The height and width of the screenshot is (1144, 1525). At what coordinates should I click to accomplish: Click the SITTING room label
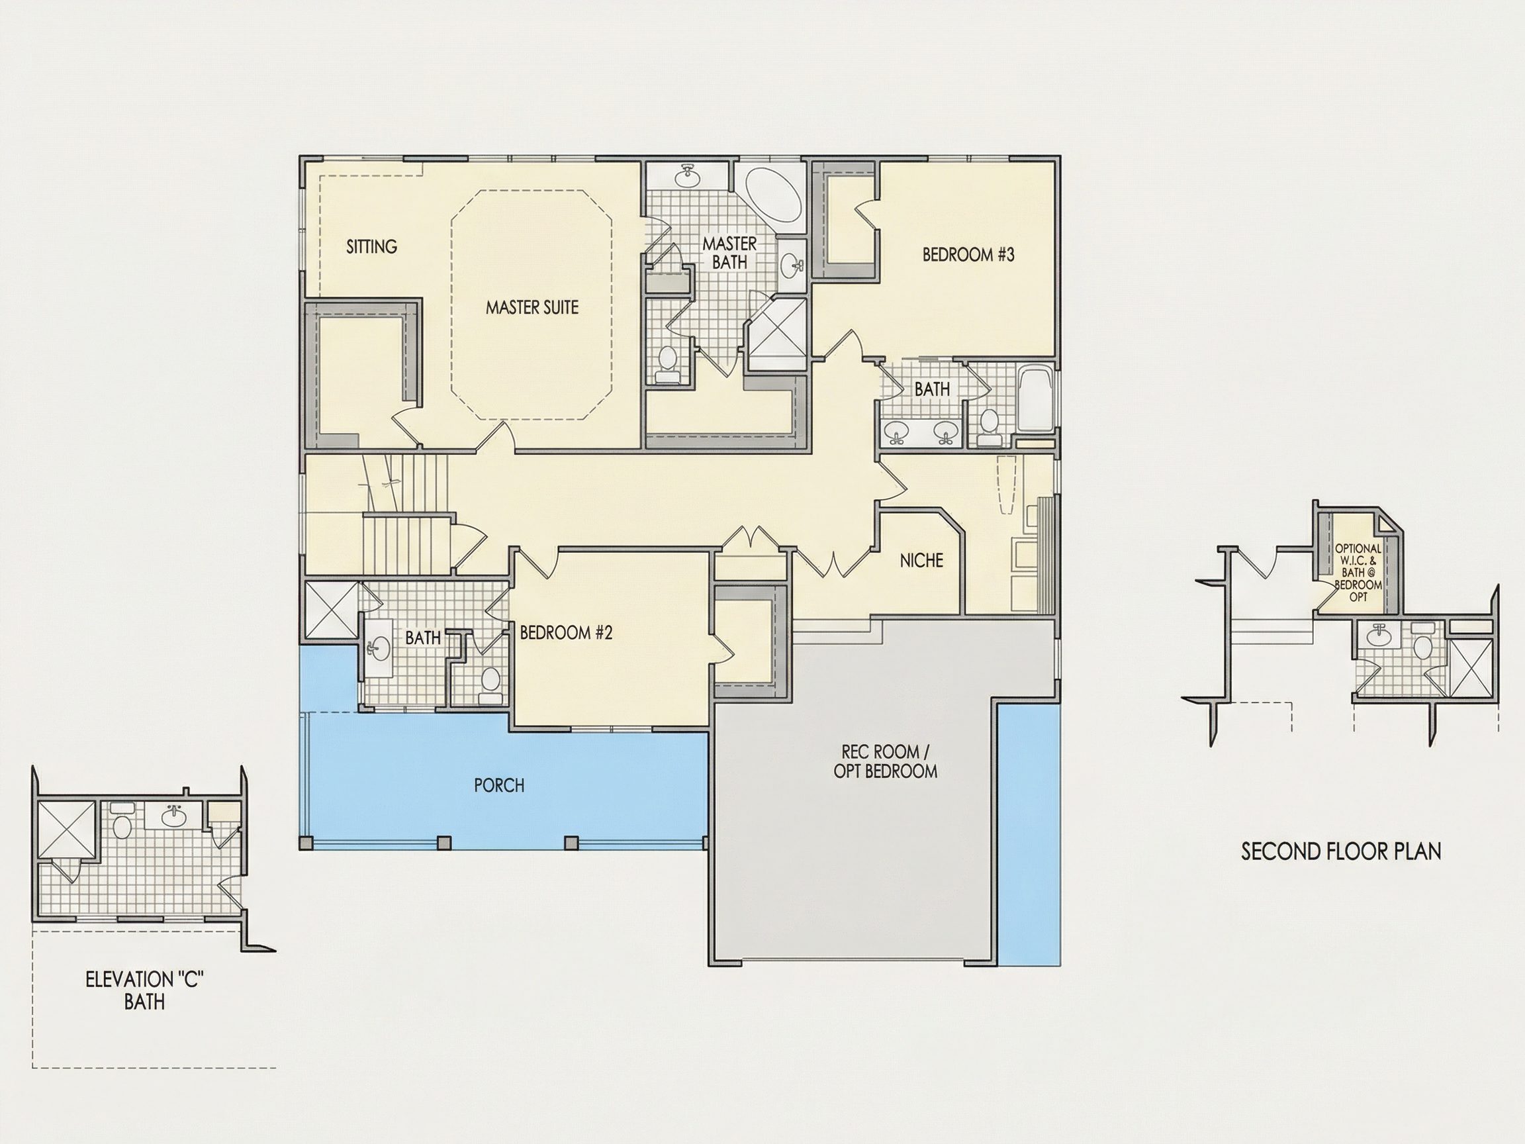371,246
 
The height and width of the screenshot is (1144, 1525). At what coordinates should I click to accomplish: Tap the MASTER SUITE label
532,308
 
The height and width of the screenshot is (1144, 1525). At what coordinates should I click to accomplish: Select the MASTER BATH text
729,252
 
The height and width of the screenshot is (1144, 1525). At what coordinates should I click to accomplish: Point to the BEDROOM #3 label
968,254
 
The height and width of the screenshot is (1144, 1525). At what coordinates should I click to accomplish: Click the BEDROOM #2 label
566,632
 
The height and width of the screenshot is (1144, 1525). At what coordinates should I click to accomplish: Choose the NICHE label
922,561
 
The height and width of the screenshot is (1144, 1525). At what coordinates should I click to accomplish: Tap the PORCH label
499,785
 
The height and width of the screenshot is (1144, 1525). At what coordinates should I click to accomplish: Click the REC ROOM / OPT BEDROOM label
885,761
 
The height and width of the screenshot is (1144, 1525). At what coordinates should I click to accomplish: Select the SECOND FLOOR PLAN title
1341,851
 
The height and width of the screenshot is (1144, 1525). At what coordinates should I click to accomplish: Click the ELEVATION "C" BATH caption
145,991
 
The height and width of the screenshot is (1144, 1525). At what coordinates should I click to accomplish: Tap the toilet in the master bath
667,363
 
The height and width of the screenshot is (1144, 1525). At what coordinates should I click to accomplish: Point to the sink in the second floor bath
1379,636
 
